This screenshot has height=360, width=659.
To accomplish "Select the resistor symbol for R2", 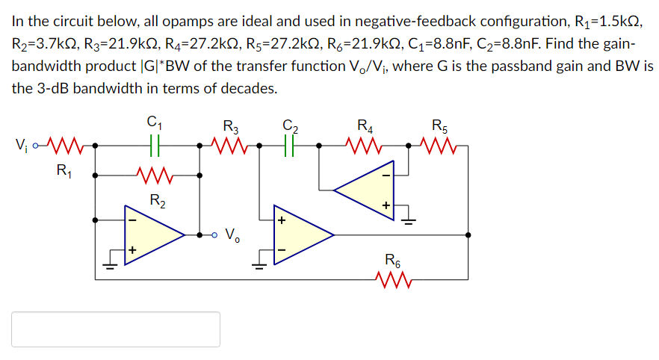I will [156, 176].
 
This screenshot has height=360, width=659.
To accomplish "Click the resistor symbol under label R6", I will [392, 281].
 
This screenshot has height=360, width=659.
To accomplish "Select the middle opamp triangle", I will [302, 235].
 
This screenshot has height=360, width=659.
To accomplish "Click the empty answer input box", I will [116, 329].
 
